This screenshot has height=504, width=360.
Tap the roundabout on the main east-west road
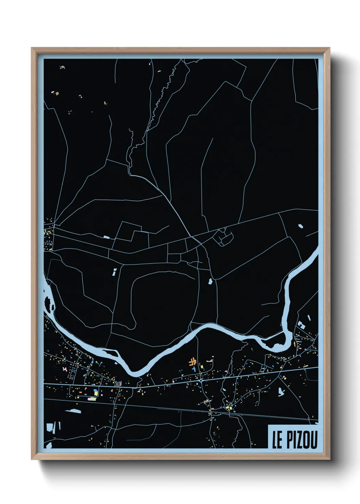[201, 381]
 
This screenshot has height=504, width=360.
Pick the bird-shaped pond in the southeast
[281, 392]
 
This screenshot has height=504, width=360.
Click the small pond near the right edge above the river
[300, 225]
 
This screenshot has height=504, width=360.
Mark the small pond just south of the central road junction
[210, 282]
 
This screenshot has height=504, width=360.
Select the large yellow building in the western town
[96, 392]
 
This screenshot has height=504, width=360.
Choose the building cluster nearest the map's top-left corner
[62, 67]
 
